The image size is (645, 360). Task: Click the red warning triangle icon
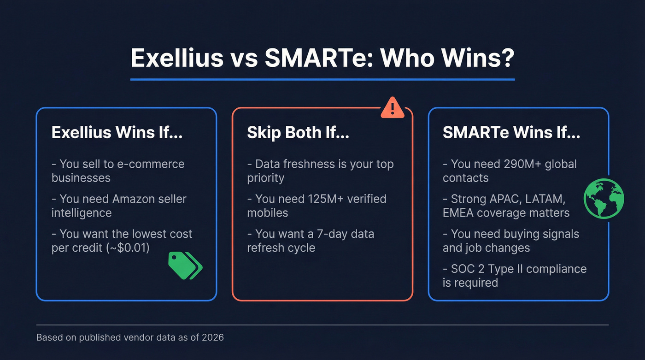click(392, 108)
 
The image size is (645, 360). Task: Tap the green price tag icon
click(185, 265)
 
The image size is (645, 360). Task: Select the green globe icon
click(604, 199)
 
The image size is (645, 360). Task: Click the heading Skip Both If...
click(298, 132)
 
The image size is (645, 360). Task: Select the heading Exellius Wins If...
click(117, 132)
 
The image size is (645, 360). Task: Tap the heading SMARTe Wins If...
click(511, 132)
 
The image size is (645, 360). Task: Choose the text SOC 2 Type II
click(491, 269)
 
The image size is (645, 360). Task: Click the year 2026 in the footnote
click(212, 337)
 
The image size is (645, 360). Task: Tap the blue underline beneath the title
click(322, 79)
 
